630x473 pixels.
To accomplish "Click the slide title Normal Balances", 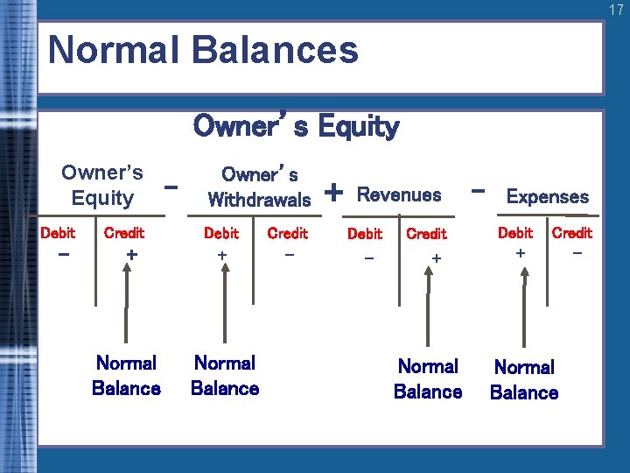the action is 203,50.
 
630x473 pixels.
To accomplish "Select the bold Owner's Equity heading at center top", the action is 296,127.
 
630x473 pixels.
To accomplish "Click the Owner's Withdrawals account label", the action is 259,187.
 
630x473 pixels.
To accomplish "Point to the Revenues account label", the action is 399,194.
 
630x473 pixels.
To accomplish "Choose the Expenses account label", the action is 548,197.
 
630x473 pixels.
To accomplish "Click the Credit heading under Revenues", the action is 426,234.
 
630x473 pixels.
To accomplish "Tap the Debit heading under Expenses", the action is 514,233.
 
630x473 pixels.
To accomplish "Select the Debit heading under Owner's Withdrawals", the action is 220,233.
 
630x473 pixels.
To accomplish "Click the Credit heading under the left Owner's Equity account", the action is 123,233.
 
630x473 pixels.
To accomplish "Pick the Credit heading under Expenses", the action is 571,233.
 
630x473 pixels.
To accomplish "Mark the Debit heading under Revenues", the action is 364,234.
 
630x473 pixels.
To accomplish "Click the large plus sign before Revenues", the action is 333,190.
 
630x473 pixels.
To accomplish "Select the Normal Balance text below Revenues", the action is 428,379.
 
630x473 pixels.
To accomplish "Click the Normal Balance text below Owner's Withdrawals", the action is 225,376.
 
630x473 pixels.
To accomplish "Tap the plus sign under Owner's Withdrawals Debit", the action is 222,255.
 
